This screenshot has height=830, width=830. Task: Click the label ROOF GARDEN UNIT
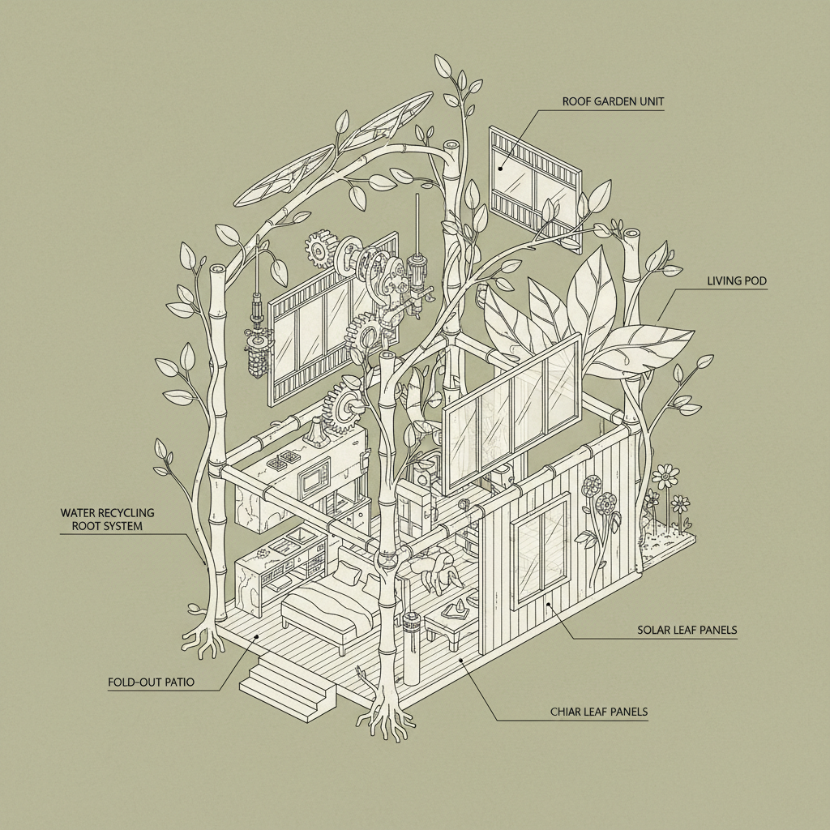612,102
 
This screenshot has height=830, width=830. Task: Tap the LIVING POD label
736,281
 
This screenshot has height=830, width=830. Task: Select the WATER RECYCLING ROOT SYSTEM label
107,520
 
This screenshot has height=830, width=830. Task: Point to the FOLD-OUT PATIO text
151,682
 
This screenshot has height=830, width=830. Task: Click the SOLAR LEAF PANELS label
687,630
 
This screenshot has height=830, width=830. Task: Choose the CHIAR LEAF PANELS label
597,712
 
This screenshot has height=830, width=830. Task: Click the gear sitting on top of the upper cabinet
344,405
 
